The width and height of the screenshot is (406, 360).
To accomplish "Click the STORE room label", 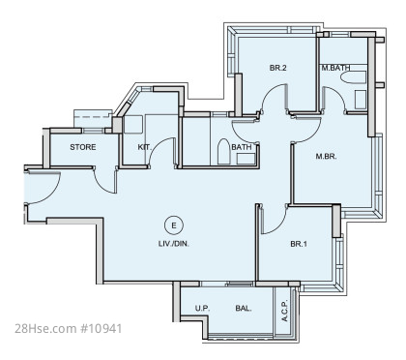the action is click(x=83, y=147).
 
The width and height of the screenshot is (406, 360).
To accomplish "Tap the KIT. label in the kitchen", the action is click(x=144, y=147).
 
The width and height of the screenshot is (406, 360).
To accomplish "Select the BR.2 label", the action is click(x=278, y=68).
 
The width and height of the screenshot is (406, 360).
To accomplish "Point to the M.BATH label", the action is click(x=335, y=68).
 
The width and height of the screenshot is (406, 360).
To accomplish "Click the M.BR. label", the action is click(x=326, y=157).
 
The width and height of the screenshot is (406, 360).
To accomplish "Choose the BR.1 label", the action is click(x=299, y=244).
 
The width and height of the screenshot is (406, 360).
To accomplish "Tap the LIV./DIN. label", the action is click(x=174, y=244).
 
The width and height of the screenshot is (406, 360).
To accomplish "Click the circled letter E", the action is click(x=174, y=225).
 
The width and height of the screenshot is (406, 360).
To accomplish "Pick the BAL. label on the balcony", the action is click(x=244, y=309).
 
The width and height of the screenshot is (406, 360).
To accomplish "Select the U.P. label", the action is click(x=202, y=309).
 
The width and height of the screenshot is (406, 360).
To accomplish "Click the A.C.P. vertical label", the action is click(x=284, y=311).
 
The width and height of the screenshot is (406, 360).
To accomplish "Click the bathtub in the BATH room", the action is click(x=222, y=152).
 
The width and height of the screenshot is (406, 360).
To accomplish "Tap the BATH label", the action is click(x=242, y=147).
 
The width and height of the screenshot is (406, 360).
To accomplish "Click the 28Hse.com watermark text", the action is click(x=45, y=329).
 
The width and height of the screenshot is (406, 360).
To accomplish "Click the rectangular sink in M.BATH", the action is click(x=361, y=100).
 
